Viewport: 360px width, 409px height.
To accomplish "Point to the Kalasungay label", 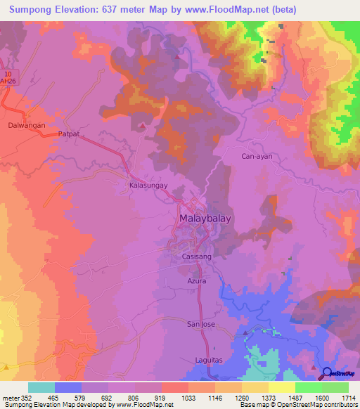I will [x=148, y=185].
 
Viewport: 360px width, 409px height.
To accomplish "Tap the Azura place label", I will [x=196, y=280].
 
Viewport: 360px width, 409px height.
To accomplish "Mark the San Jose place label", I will [x=200, y=324].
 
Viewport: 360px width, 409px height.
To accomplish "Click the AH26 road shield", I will [x=8, y=79].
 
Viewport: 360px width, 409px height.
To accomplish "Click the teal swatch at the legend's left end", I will [x=41, y=387].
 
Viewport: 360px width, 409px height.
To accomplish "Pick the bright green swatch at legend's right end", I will [x=335, y=387].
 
